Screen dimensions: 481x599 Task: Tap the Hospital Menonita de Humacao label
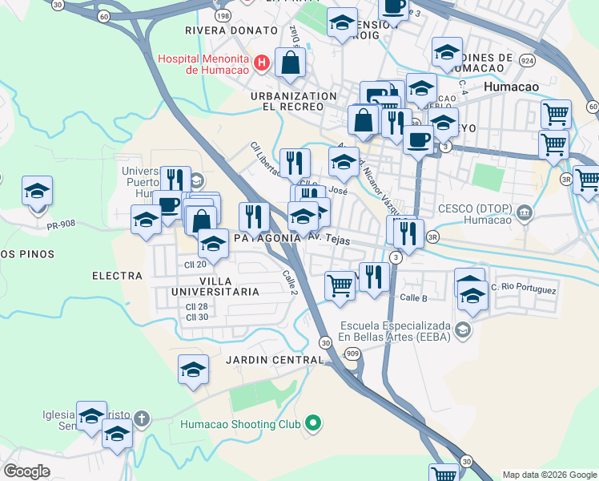pyautogui.click(x=204, y=63)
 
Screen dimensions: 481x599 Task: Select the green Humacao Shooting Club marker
pyautogui.click(x=313, y=423)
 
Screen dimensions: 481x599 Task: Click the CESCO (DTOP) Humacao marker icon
pyautogui.click(x=525, y=212)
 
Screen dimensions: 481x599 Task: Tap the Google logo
pyautogui.click(x=28, y=471)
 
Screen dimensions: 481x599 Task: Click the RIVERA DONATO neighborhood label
pyautogui.click(x=219, y=30)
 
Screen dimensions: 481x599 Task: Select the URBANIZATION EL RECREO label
pyautogui.click(x=294, y=101)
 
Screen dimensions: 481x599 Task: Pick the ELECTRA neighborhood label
pyautogui.click(x=117, y=276)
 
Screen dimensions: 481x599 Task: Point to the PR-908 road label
pyautogui.click(x=61, y=227)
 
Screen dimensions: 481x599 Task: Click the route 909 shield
pyautogui.click(x=352, y=353)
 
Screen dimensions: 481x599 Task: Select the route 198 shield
pyautogui.click(x=223, y=16)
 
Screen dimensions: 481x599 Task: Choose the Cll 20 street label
pyautogui.click(x=196, y=264)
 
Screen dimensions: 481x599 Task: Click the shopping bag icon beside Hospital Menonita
pyautogui.click(x=289, y=63)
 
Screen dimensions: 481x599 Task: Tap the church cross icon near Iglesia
pyautogui.click(x=142, y=418)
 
